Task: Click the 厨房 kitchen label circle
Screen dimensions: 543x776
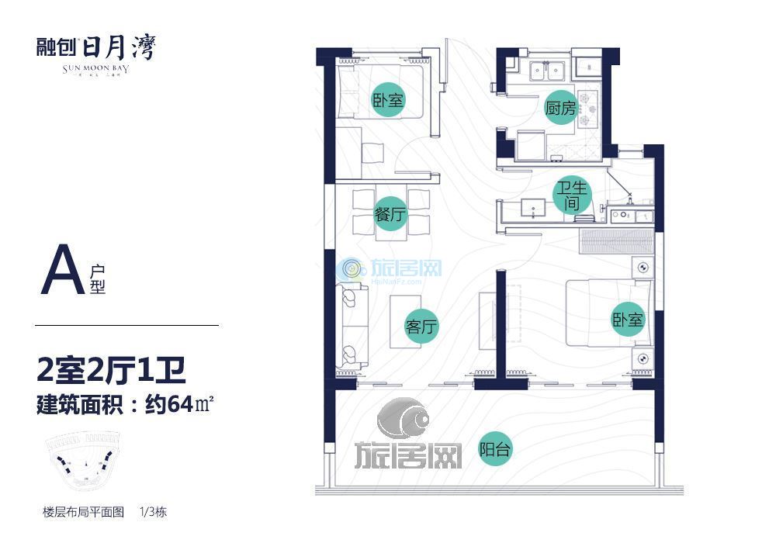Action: pos(560,109)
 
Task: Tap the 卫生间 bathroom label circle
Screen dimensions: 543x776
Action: pos(573,196)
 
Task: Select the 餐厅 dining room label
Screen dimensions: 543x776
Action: pos(390,215)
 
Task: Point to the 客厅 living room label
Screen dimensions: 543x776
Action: pos(422,327)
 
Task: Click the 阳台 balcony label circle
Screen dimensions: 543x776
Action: pos(495,449)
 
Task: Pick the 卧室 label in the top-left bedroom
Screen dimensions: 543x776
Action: pos(389,100)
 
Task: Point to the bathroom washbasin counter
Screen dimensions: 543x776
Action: pos(534,208)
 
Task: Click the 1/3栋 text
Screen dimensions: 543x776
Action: pos(154,512)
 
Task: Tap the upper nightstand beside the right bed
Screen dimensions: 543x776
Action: pos(643,268)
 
